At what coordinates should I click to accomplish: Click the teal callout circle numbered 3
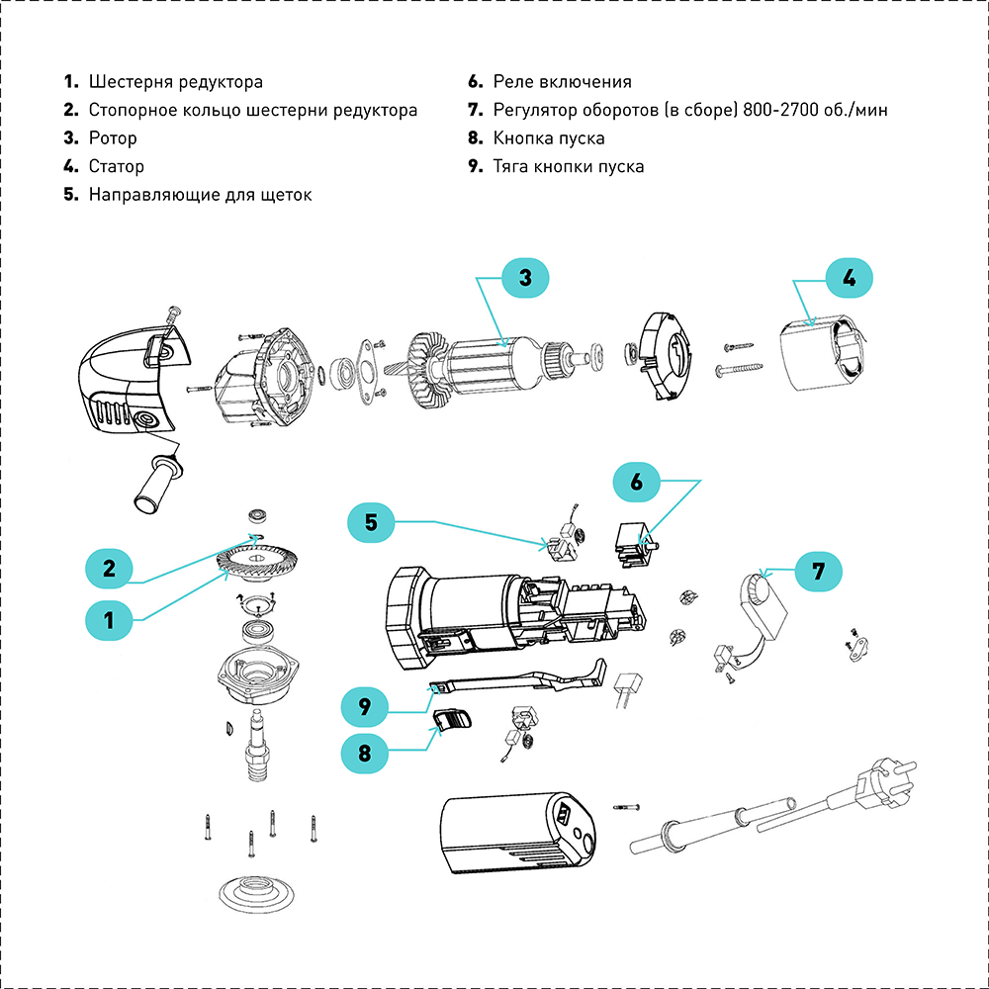[526, 278]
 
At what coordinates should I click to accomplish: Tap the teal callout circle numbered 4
[849, 278]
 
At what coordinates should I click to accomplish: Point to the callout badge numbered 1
[110, 620]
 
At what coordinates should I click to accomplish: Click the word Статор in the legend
[117, 166]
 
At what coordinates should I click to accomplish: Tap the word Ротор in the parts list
[113, 138]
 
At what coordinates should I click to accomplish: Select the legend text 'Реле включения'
[562, 82]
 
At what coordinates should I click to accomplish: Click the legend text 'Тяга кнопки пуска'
[569, 166]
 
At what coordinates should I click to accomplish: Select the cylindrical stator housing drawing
[824, 361]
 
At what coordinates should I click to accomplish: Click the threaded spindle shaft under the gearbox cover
[258, 752]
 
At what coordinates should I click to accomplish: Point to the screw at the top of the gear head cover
[174, 315]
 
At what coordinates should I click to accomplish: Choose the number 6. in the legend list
[475, 82]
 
